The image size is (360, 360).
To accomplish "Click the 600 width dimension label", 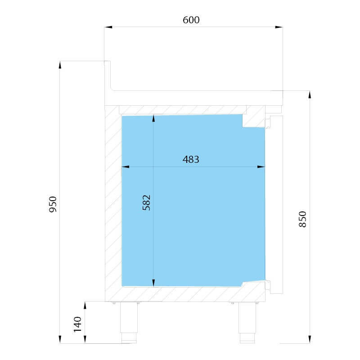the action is [191, 20].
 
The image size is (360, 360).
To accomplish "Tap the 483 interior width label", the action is [191, 159].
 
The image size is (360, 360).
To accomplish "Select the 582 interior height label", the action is [147, 202].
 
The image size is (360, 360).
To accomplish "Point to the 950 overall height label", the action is [53, 204].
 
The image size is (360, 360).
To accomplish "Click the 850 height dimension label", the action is [302, 219].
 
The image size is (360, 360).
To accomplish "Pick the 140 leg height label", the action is [77, 324].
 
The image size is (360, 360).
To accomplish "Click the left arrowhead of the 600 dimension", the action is [108, 27].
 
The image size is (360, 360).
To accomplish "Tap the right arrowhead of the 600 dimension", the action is [279, 27].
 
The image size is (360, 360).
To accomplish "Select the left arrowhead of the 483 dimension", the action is [126, 166].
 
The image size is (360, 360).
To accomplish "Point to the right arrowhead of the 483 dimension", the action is [261, 166].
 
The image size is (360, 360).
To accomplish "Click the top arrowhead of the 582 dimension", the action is [153, 119].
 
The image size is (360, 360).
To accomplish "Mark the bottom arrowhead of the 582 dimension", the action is [153, 283].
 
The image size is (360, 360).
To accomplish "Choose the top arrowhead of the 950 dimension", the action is [60, 65].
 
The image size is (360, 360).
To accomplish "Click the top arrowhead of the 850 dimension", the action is [310, 95].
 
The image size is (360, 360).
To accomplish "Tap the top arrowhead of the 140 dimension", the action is [85, 306].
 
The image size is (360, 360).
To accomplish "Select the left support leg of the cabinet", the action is [129, 322].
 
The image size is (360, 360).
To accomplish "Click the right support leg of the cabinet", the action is [247, 322].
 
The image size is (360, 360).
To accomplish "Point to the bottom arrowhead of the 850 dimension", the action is [310, 339].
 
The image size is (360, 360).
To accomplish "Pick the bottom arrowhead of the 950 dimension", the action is [60, 339].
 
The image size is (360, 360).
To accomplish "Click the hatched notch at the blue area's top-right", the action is [254, 120].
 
